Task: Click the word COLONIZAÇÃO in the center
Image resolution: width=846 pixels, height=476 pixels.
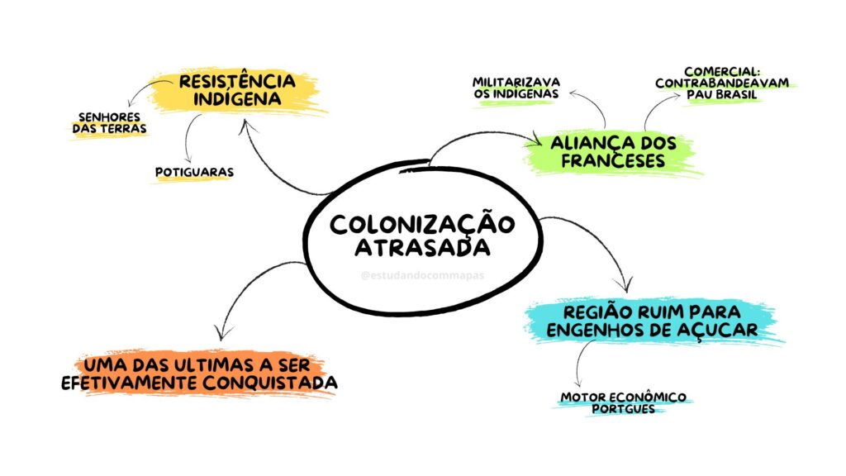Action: [x=422, y=225]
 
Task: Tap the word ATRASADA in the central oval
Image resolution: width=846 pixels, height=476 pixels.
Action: [x=422, y=248]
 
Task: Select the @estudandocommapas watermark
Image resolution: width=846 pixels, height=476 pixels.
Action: [x=422, y=275]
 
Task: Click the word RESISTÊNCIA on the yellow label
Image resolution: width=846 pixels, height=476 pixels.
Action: [x=237, y=82]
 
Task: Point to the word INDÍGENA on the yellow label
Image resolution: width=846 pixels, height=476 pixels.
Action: [x=237, y=99]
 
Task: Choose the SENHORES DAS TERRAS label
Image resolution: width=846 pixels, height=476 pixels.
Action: [x=110, y=123]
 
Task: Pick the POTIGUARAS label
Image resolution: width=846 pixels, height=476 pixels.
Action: [x=194, y=172]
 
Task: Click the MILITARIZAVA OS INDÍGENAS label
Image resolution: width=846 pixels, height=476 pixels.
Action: [x=516, y=88]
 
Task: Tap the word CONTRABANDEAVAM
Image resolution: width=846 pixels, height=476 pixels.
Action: [x=722, y=83]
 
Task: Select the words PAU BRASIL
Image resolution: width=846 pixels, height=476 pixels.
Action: [x=722, y=94]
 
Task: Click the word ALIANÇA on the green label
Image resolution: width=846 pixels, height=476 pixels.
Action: [x=586, y=143]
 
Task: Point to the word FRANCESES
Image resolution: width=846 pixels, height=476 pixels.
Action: [x=613, y=160]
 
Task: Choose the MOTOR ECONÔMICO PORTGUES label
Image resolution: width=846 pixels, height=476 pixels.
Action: [x=623, y=403]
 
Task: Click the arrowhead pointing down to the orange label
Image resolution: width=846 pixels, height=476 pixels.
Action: [x=221, y=332]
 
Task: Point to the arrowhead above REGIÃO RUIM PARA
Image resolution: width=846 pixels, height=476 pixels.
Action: [x=626, y=284]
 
